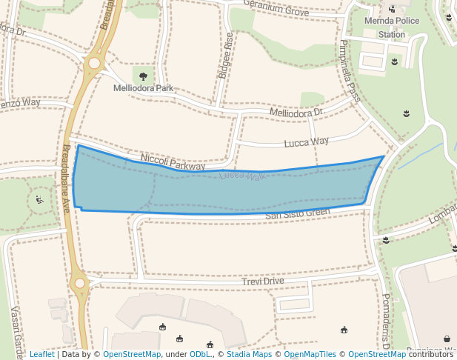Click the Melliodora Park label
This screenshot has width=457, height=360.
click(143, 88)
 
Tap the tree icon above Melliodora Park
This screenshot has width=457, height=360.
click(143, 76)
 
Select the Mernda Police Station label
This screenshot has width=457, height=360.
click(391, 28)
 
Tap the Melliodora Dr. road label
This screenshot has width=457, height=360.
click(297, 113)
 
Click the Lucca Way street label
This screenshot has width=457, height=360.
click(307, 141)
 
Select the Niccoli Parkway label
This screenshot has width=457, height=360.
click(172, 163)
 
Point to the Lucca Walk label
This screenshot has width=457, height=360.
click(242, 176)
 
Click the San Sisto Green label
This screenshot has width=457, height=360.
click(297, 213)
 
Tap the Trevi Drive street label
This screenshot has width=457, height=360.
click(263, 281)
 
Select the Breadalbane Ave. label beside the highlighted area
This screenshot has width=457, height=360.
click(65, 178)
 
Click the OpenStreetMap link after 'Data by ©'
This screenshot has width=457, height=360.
click(132, 354)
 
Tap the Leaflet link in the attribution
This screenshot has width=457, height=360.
click(41, 354)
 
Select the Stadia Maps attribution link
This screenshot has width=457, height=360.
click(249, 354)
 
